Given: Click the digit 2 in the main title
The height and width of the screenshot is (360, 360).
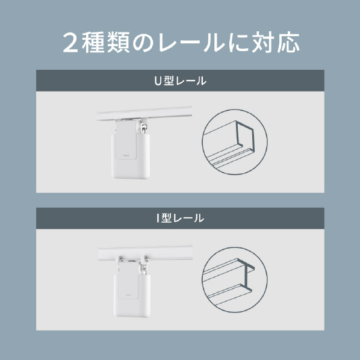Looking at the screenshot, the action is (70, 43).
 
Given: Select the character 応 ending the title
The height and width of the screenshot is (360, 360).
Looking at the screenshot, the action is (288, 43).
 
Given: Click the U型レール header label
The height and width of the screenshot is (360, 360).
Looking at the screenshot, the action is (180, 81).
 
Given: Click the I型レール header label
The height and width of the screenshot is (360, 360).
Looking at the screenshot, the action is (180, 218).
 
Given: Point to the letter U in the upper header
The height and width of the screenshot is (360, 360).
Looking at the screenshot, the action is (158, 81).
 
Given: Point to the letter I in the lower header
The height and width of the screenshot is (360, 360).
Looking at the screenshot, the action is (158, 218).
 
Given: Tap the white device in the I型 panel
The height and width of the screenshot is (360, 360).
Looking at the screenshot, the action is (132, 290).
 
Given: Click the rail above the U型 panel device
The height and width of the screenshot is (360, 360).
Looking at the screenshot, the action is (144, 113).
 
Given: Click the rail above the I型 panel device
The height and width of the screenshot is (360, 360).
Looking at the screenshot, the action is (145, 253).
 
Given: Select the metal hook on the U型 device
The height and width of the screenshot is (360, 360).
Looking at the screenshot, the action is (144, 128).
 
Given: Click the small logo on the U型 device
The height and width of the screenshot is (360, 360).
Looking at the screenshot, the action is (126, 155).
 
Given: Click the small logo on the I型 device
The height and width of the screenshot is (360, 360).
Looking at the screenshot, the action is (128, 294).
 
